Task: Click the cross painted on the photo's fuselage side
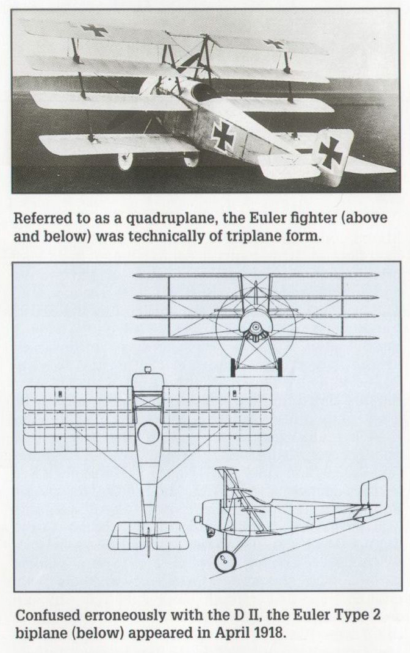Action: [224, 135]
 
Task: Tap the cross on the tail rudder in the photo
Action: [330, 152]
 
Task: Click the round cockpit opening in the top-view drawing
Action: [148, 433]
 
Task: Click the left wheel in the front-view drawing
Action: [232, 367]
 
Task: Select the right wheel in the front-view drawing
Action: [279, 367]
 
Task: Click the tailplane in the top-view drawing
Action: [148, 535]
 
